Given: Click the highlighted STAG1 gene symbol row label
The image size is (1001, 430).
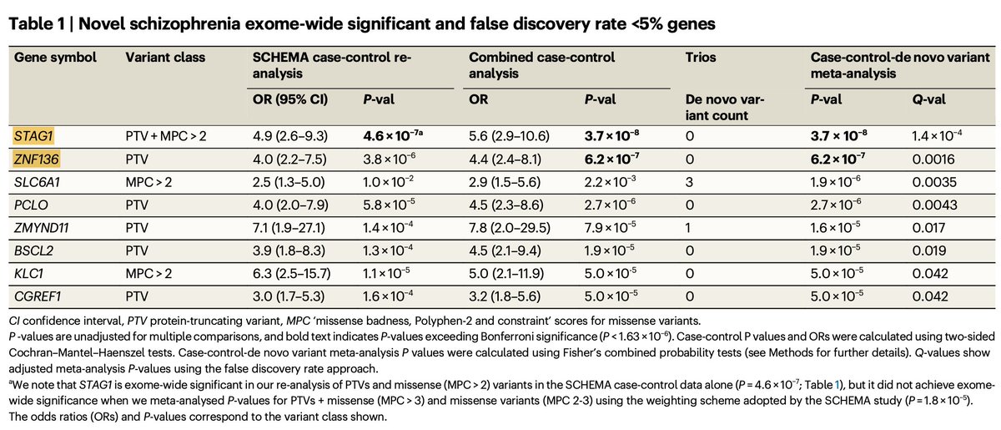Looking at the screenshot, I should tap(29, 134).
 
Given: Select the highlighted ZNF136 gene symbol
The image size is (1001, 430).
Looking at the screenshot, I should tap(33, 157).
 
